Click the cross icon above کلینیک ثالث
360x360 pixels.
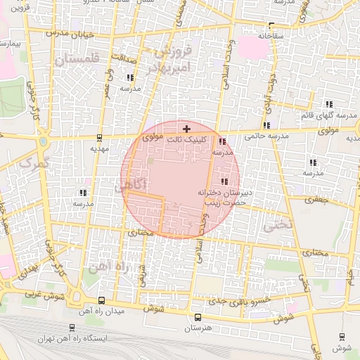tap(186, 129)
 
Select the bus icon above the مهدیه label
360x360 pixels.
tap(100, 138)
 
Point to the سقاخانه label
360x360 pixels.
tap(270, 35)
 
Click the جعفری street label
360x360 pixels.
tap(316, 200)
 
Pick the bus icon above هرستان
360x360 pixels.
tap(197, 318)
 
